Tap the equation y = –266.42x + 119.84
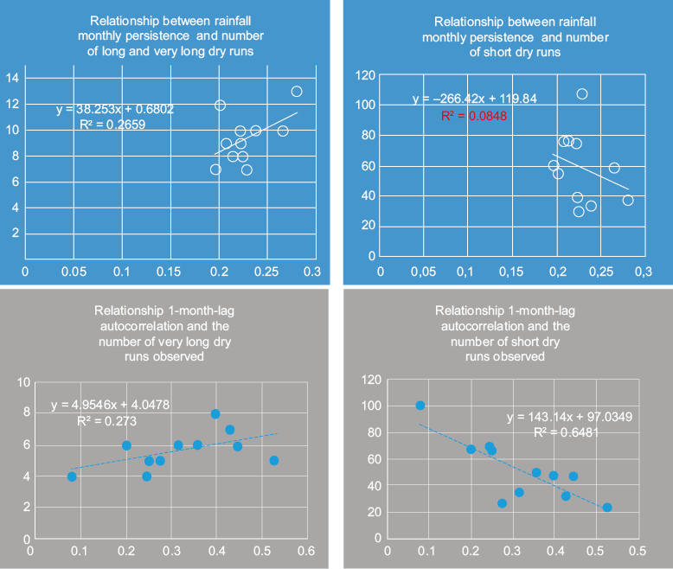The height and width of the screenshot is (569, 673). (474, 99)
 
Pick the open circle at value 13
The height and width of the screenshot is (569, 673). (297, 92)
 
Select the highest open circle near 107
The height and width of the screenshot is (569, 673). (582, 94)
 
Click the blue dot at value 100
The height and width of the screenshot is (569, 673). (420, 406)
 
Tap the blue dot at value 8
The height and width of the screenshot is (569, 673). (215, 414)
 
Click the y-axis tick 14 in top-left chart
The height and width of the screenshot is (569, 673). (13, 78)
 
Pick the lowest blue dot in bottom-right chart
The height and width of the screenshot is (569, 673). (607, 508)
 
